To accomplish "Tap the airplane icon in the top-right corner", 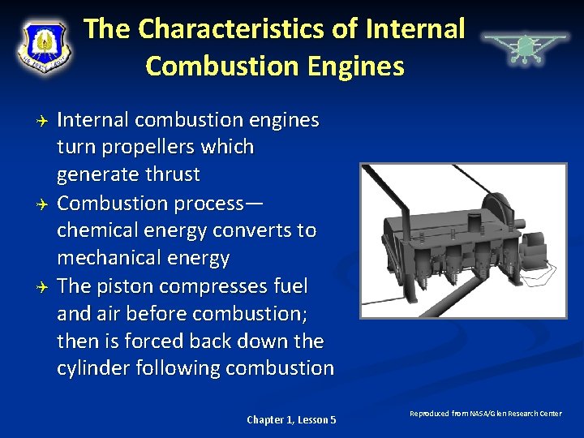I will click(x=525, y=46).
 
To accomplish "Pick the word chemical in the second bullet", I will click(x=95, y=230).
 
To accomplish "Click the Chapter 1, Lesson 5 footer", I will click(x=291, y=419).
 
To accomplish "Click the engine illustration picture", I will click(x=463, y=240).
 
